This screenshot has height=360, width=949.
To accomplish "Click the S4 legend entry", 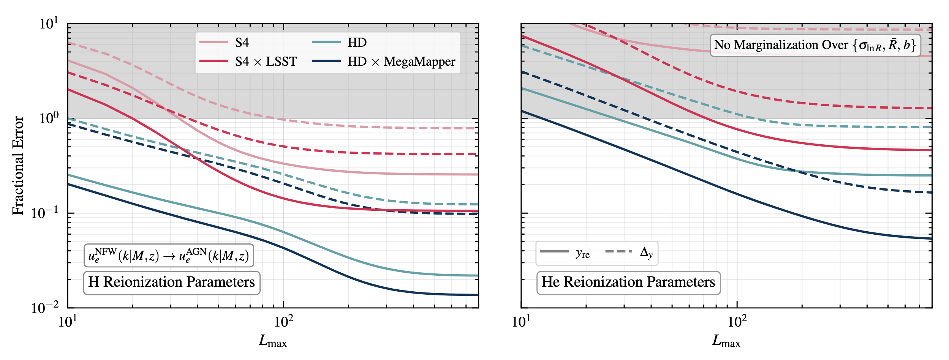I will click(242, 43).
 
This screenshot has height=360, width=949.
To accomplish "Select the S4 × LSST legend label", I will click(266, 62).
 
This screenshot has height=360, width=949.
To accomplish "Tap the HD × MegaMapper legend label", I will click(401, 62).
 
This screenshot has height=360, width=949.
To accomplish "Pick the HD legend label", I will click(357, 43).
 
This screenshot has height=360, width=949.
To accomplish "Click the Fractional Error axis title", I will click(18, 166).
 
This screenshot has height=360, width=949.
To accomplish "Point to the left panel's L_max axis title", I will click(273, 341).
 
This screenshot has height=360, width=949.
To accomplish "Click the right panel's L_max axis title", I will click(726, 341).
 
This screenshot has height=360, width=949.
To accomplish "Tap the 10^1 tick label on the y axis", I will click(49, 24).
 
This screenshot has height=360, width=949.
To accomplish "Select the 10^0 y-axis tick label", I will click(49, 118).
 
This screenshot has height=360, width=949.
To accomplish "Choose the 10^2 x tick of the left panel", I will click(283, 322).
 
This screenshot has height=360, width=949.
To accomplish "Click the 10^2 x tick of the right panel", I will click(737, 322).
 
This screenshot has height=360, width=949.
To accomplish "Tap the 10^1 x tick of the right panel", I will click(521, 322).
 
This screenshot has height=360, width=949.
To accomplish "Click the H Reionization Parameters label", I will click(171, 282).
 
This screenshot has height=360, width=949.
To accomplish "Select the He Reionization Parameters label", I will click(628, 282).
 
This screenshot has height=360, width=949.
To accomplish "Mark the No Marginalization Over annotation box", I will click(815, 45).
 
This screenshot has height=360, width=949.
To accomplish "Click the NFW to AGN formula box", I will click(168, 256).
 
